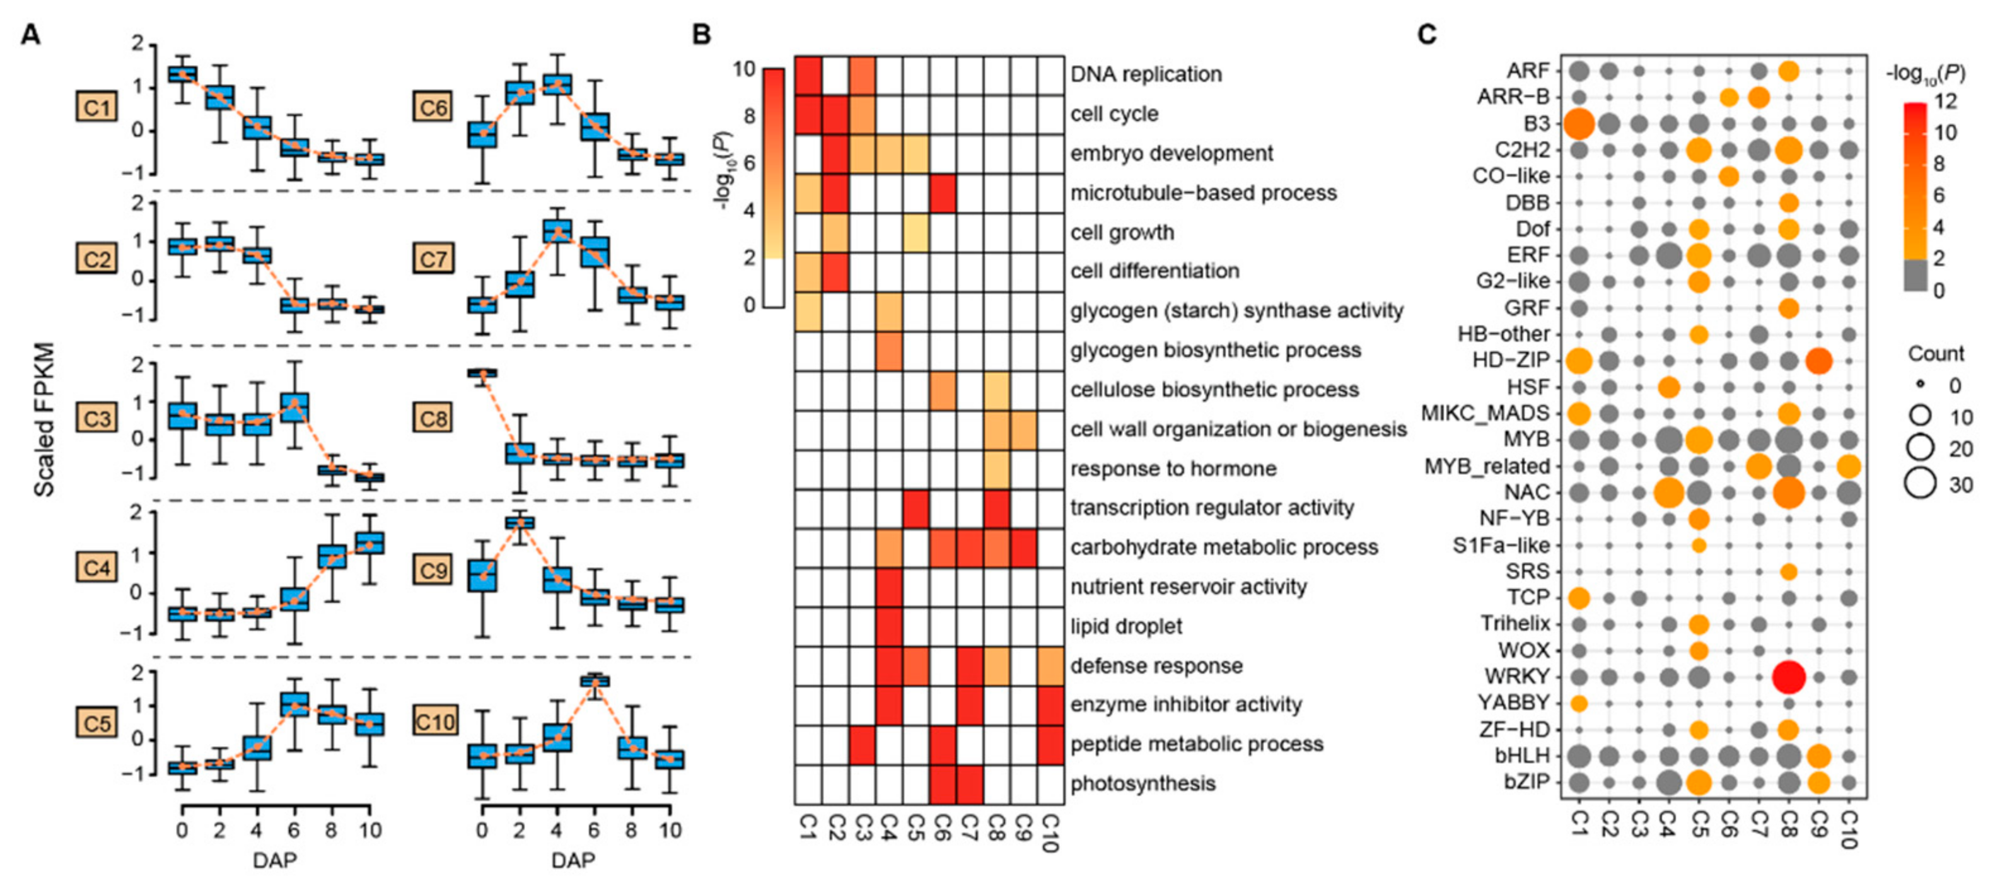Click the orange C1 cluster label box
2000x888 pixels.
coord(97,107)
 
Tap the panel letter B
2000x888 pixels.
coord(702,34)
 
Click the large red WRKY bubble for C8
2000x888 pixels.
coord(1789,677)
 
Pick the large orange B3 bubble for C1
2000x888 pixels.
coord(1578,124)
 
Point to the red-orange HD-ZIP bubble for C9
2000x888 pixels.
coord(1819,361)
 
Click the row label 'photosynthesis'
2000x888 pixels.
coord(1143,783)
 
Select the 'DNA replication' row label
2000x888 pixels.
coord(1146,74)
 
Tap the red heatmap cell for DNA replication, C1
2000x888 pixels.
coord(808,75)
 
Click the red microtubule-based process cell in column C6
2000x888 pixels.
coord(943,194)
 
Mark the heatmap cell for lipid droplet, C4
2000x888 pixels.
coord(889,626)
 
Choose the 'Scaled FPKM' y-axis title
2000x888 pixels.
coord(44,419)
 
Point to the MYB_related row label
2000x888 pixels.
coord(1486,466)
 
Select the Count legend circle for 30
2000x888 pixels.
coord(1919,483)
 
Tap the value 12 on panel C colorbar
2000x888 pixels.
coord(1946,101)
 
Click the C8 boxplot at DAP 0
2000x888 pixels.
coord(483,373)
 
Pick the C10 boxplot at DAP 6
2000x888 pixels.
coord(595,681)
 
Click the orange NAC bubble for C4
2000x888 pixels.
coord(1668,493)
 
